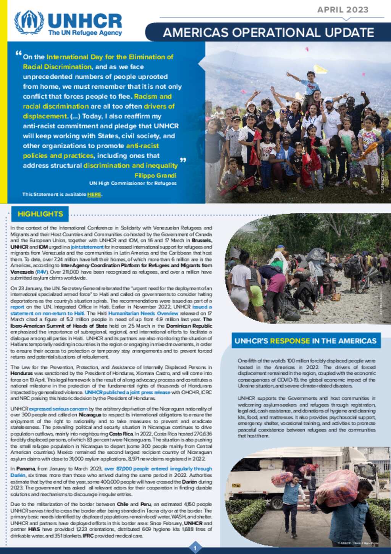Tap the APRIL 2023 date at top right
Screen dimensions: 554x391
click(x=343, y=10)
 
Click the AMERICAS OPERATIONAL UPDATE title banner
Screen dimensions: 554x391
click(x=268, y=32)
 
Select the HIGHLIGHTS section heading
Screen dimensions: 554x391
click(x=40, y=214)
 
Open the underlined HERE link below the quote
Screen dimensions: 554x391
click(x=94, y=195)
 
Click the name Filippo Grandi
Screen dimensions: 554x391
click(x=155, y=175)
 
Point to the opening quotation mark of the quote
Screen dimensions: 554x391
click(x=18, y=54)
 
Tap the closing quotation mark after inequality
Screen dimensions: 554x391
click(x=183, y=160)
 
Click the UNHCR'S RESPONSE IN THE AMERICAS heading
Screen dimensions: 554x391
click(x=305, y=341)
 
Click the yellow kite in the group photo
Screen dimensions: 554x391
click(x=320, y=69)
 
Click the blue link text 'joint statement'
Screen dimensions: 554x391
click(x=87, y=247)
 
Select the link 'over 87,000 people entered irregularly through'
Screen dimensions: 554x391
click(x=158, y=469)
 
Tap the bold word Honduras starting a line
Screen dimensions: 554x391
click(x=21, y=374)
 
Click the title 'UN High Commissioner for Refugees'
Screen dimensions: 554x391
click(x=133, y=184)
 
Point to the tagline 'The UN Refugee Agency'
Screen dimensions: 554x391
click(x=85, y=33)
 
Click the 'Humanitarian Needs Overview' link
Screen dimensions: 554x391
click(x=143, y=313)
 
